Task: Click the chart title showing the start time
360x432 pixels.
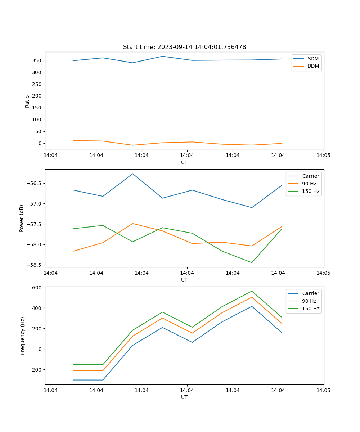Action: click(x=184, y=47)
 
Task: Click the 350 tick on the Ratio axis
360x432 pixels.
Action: click(x=37, y=60)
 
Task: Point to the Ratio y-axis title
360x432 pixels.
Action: click(x=27, y=101)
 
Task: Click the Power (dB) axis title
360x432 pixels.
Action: click(x=22, y=218)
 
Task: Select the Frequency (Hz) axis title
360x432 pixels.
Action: click(x=22, y=336)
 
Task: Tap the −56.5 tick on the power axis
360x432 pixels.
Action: click(x=34, y=183)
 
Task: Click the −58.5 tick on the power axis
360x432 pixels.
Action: click(x=34, y=265)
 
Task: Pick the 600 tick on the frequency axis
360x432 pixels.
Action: click(x=37, y=288)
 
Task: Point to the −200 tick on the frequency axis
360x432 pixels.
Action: click(x=35, y=370)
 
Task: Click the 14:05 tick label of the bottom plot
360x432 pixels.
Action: click(x=323, y=390)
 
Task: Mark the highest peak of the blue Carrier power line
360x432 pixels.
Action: click(x=132, y=174)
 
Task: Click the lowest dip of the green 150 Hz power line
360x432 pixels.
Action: click(x=252, y=262)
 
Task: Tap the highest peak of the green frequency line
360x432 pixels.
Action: click(x=252, y=291)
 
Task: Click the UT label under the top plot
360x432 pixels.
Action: click(x=184, y=162)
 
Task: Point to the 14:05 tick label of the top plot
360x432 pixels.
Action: click(x=323, y=156)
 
